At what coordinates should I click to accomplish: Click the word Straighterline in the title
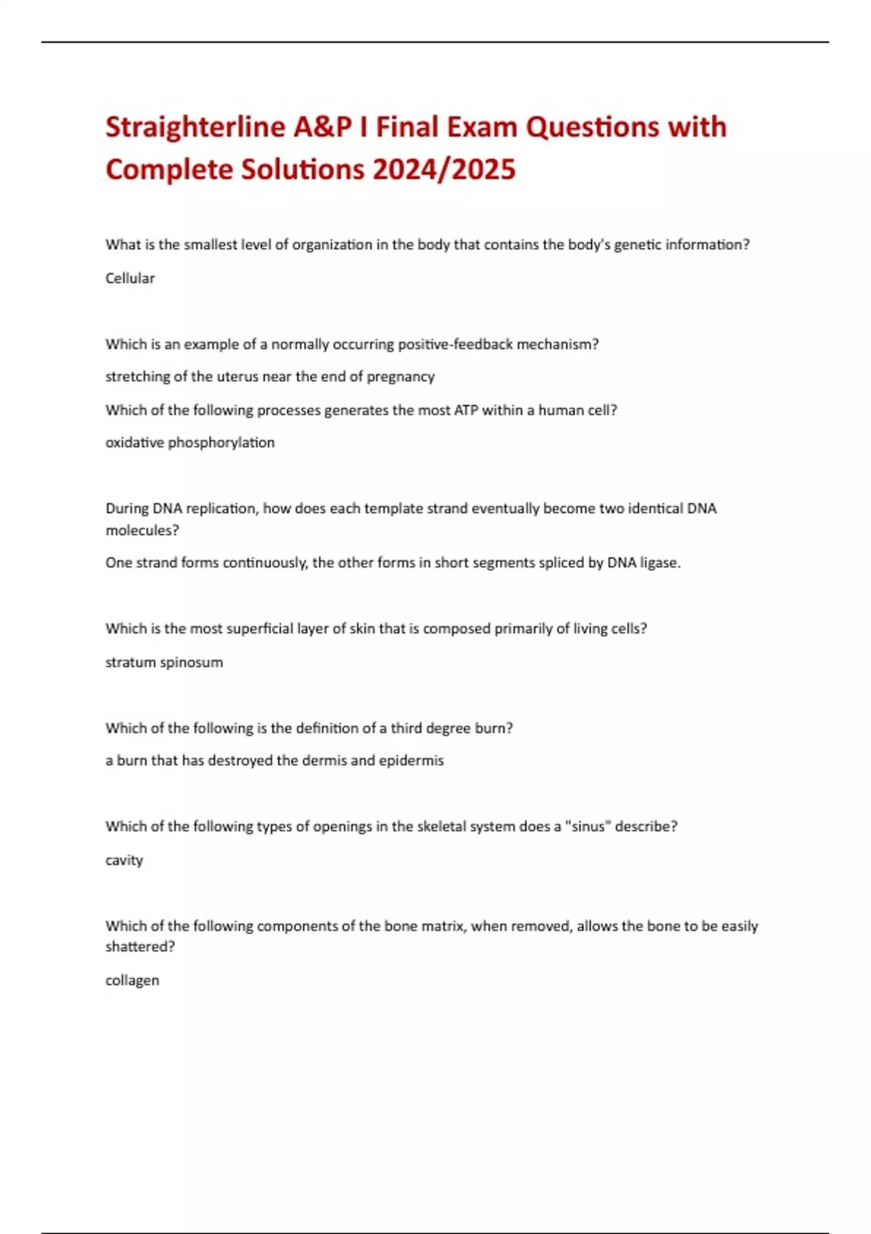[195, 127]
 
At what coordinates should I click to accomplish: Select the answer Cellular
[130, 278]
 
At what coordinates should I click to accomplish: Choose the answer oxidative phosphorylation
[190, 443]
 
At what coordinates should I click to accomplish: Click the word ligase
[659, 563]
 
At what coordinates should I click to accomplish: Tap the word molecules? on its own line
[142, 530]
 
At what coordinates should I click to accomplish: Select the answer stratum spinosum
[164, 662]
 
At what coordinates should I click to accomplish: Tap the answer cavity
[124, 860]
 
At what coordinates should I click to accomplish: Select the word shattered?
[140, 947]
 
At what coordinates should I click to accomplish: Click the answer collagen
[132, 981]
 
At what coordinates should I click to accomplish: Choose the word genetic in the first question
[636, 245]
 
